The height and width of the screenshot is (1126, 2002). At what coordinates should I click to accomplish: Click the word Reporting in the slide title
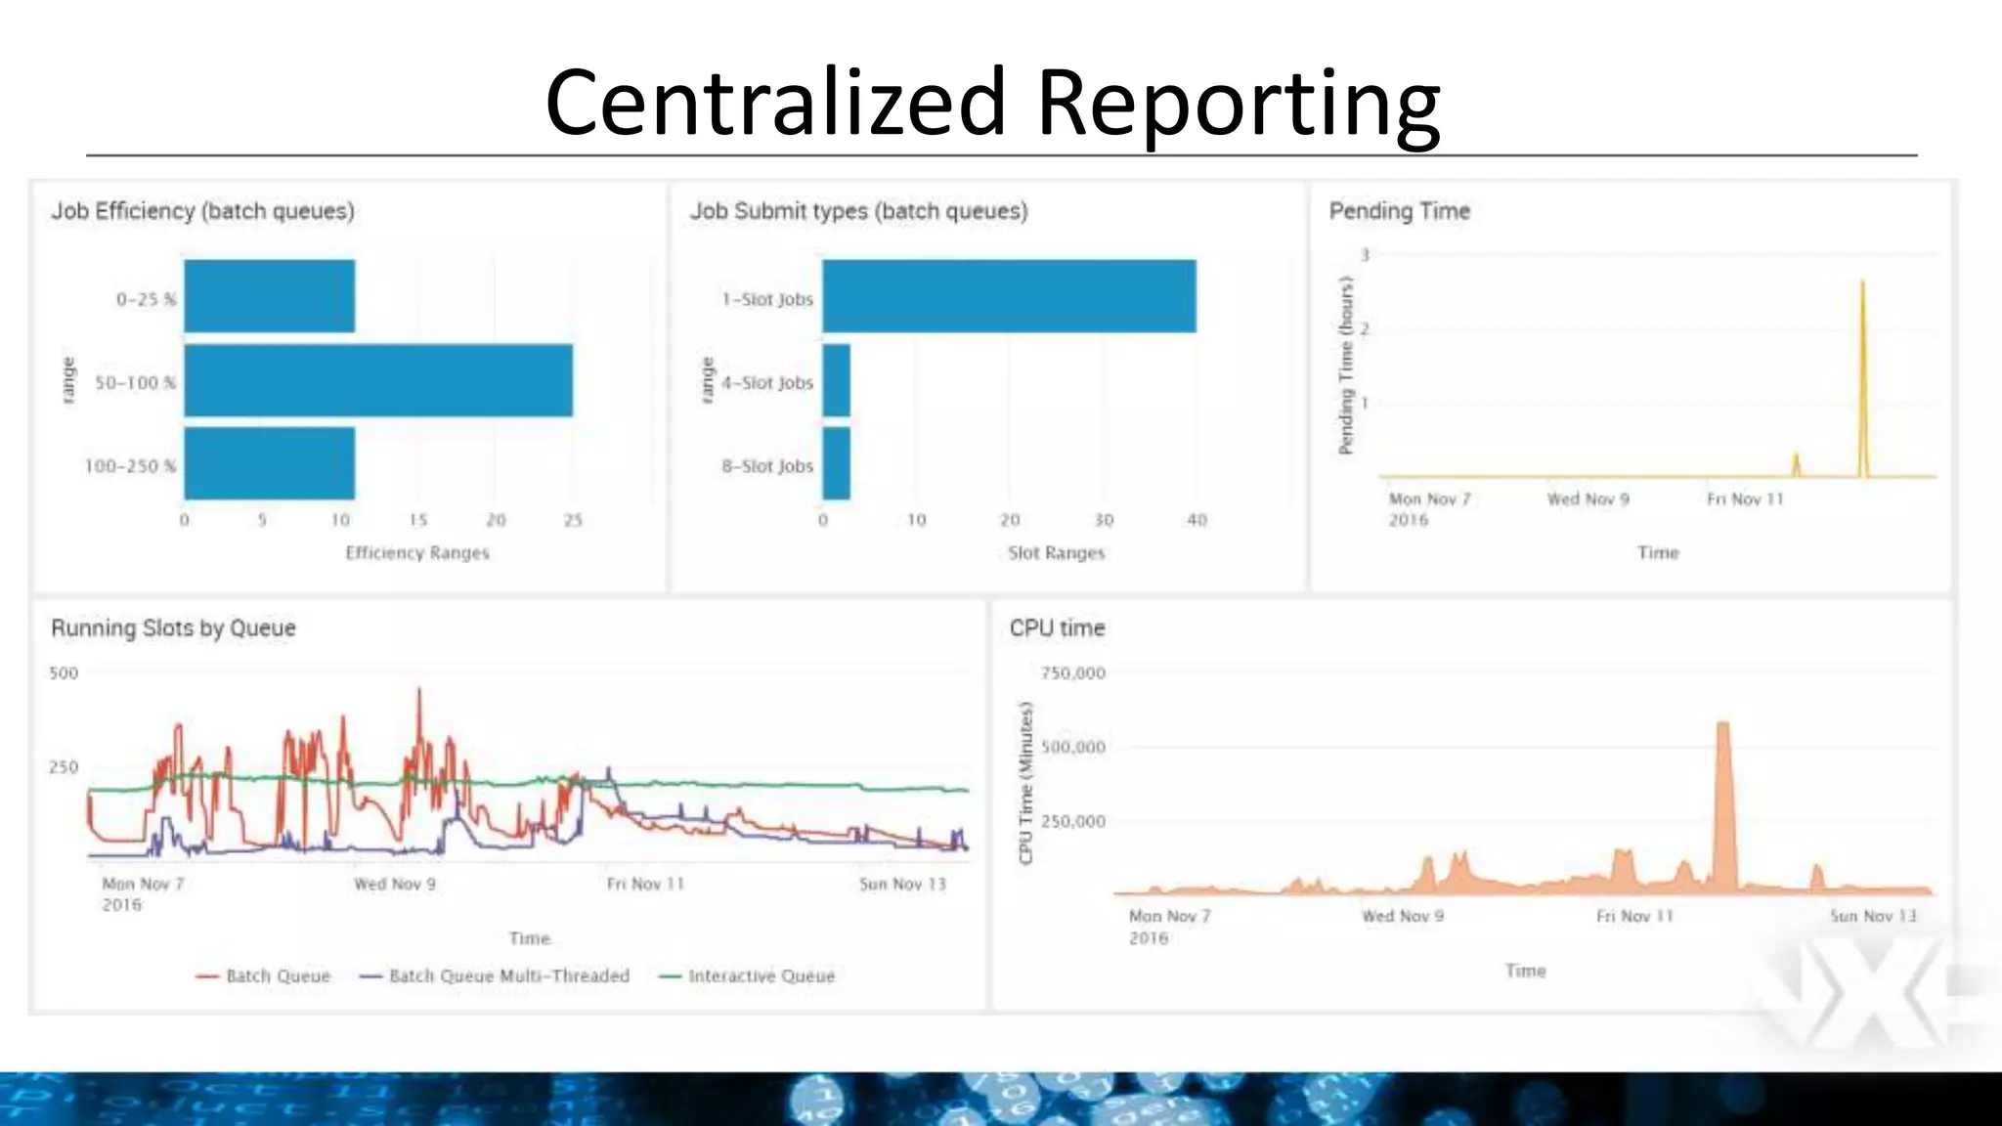[1237, 104]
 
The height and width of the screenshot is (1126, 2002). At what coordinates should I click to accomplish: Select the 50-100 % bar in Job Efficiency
[378, 380]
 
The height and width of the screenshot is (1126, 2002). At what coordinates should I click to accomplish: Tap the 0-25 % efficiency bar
[269, 296]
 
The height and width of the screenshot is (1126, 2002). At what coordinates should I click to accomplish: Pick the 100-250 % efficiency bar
[269, 463]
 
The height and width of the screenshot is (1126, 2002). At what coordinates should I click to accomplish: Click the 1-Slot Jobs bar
[1009, 296]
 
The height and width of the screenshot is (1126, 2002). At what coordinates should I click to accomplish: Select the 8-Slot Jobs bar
[836, 463]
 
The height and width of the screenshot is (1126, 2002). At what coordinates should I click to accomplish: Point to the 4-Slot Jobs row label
[767, 383]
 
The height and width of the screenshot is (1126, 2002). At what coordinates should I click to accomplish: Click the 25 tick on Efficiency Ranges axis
[574, 520]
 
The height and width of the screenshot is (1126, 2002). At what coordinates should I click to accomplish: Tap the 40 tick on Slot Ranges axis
[1197, 520]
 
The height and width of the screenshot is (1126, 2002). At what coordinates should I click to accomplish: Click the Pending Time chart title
[1399, 211]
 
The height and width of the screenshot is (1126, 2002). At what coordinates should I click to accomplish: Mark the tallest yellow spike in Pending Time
[1862, 285]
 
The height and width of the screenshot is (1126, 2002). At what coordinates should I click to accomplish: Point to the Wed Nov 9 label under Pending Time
[1588, 499]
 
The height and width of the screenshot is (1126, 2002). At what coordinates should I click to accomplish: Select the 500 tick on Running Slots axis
[64, 673]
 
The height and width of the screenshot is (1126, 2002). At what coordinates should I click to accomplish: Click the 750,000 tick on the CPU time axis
[1072, 673]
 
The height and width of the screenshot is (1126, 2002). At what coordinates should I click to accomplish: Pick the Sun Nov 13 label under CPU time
[1873, 916]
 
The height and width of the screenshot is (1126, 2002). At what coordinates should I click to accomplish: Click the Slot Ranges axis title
[1056, 553]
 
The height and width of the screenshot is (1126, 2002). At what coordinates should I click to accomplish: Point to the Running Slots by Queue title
[173, 628]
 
